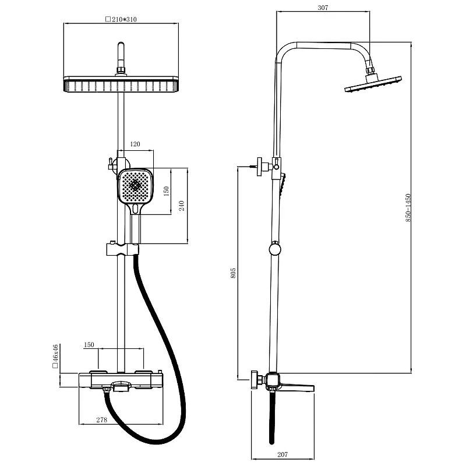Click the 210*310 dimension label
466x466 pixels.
click(x=121, y=20)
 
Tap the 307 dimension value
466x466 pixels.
click(x=323, y=8)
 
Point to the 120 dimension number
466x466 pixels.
click(x=135, y=144)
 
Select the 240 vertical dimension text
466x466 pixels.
click(x=182, y=206)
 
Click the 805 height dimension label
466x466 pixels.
click(x=234, y=273)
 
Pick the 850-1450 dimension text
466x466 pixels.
click(x=408, y=208)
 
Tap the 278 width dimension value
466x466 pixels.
click(x=101, y=420)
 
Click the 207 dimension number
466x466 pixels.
click(x=283, y=454)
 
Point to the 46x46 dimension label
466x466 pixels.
click(x=55, y=356)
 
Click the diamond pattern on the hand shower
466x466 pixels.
click(x=136, y=185)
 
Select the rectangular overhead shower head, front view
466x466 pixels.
click(x=121, y=84)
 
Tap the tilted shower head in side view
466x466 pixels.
click(x=373, y=84)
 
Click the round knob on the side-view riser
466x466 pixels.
click(x=274, y=249)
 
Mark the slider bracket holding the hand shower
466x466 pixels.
click(x=122, y=250)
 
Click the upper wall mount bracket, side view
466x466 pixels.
click(x=263, y=167)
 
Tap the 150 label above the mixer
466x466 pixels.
click(x=89, y=345)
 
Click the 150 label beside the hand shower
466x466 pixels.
click(x=166, y=191)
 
